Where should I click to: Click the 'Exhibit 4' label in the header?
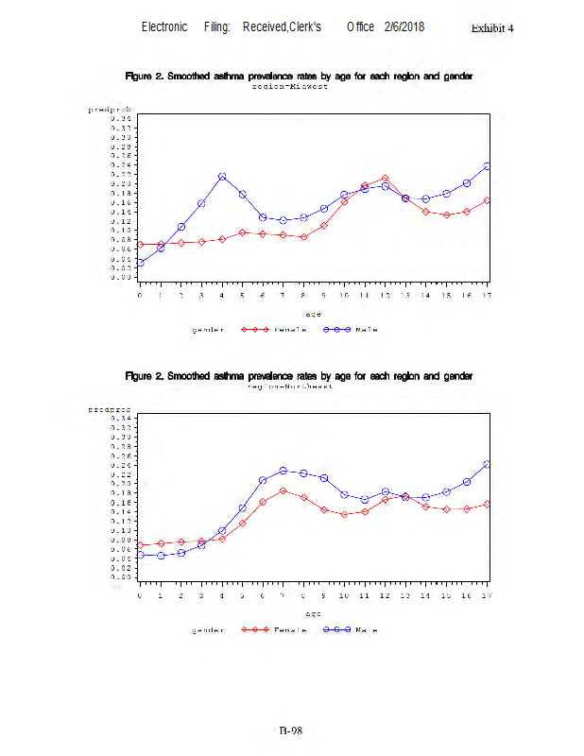[x=492, y=27]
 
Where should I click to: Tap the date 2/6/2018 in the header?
[x=404, y=26]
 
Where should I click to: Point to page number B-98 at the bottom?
[x=290, y=730]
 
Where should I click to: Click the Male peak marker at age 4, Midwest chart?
[x=222, y=177]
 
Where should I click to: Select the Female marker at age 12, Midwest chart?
[x=386, y=178]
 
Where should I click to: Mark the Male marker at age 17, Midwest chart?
[x=487, y=166]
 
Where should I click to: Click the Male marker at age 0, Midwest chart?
[x=140, y=263]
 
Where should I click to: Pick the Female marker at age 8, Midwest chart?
[x=303, y=237]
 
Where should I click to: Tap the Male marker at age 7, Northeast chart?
[x=283, y=471]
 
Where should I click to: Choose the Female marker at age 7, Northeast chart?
[x=283, y=490]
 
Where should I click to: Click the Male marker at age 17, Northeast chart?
[x=487, y=464]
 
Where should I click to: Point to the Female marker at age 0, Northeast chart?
[x=140, y=545]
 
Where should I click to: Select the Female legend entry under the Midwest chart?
[x=273, y=330]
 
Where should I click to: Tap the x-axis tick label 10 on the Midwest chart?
[x=344, y=296]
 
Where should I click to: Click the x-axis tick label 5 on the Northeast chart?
[x=242, y=595]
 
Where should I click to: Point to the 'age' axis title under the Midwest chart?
[x=313, y=314]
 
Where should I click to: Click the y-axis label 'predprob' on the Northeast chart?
[x=109, y=410]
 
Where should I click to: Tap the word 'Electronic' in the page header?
[x=164, y=26]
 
